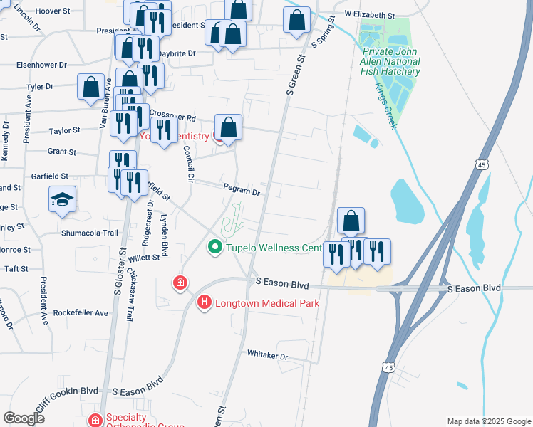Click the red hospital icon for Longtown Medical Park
coord(205,303)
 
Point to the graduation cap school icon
coord(62,199)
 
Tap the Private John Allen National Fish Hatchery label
coord(391,62)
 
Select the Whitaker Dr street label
coord(267,354)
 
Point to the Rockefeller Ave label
coord(83,312)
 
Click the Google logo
coord(24,418)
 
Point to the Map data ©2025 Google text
coord(487,421)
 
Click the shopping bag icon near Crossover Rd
coord(228,128)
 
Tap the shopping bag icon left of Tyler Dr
coord(92,87)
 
